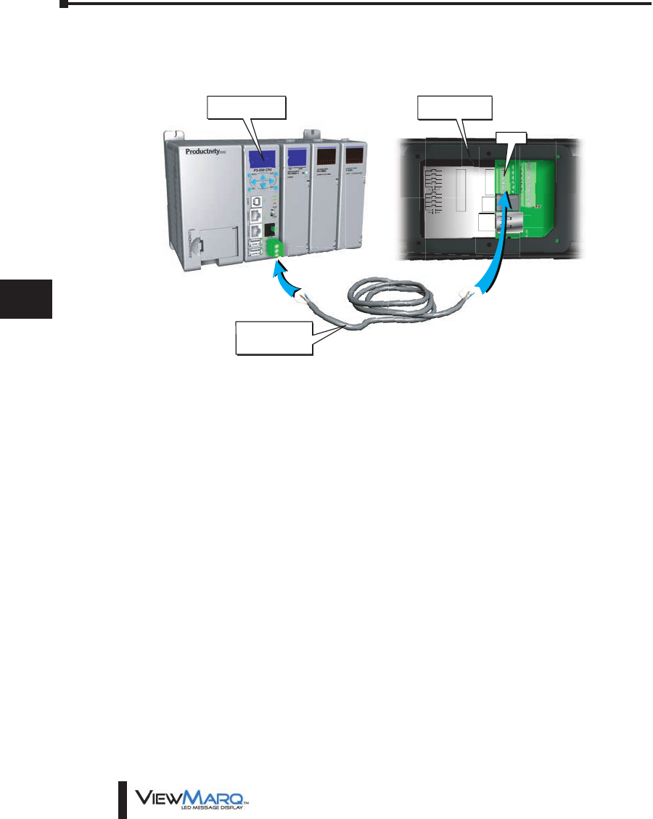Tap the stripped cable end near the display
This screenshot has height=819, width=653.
pos(469,293)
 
